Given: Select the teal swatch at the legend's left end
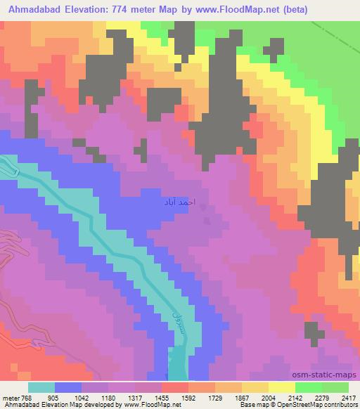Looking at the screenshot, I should (x=41, y=387).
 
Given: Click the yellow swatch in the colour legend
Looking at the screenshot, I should (x=282, y=387).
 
